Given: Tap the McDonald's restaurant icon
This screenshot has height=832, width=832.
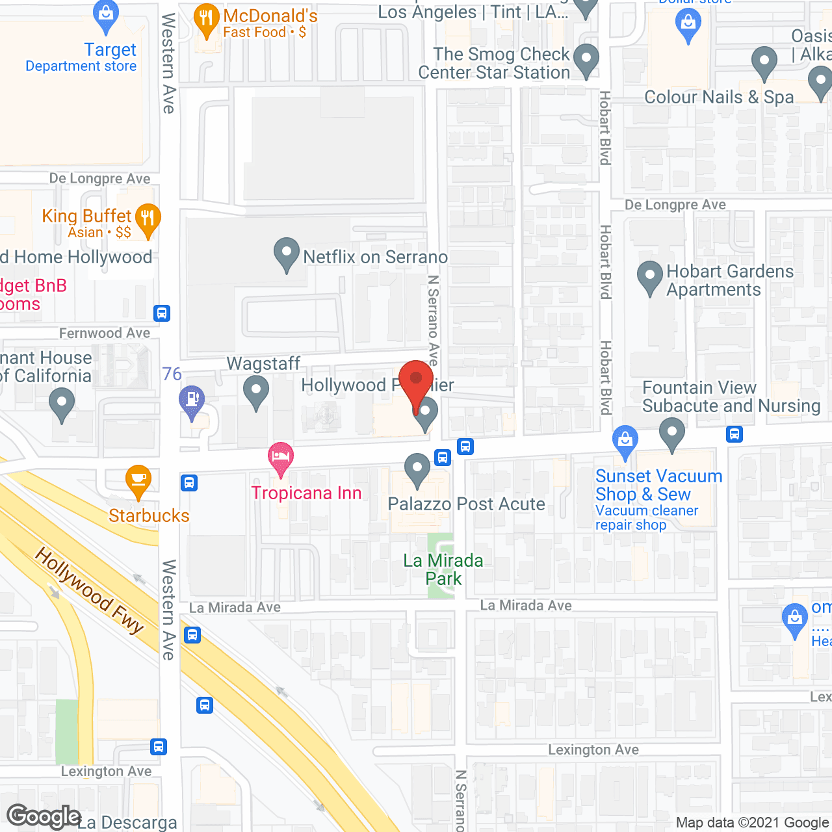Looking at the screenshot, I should [206, 21].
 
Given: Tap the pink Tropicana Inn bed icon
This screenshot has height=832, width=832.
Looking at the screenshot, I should [281, 458].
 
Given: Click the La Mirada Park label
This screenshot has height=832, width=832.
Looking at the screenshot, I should [444, 569].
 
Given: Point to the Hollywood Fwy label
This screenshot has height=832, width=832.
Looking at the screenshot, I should [90, 590].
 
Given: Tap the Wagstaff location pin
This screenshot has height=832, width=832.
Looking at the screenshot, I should [256, 392].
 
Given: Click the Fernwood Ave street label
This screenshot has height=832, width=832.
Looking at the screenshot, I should [105, 333].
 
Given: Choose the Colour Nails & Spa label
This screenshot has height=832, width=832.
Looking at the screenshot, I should [719, 97].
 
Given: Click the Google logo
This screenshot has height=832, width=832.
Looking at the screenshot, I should [44, 816].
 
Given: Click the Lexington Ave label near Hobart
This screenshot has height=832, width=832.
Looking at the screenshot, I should [593, 749].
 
